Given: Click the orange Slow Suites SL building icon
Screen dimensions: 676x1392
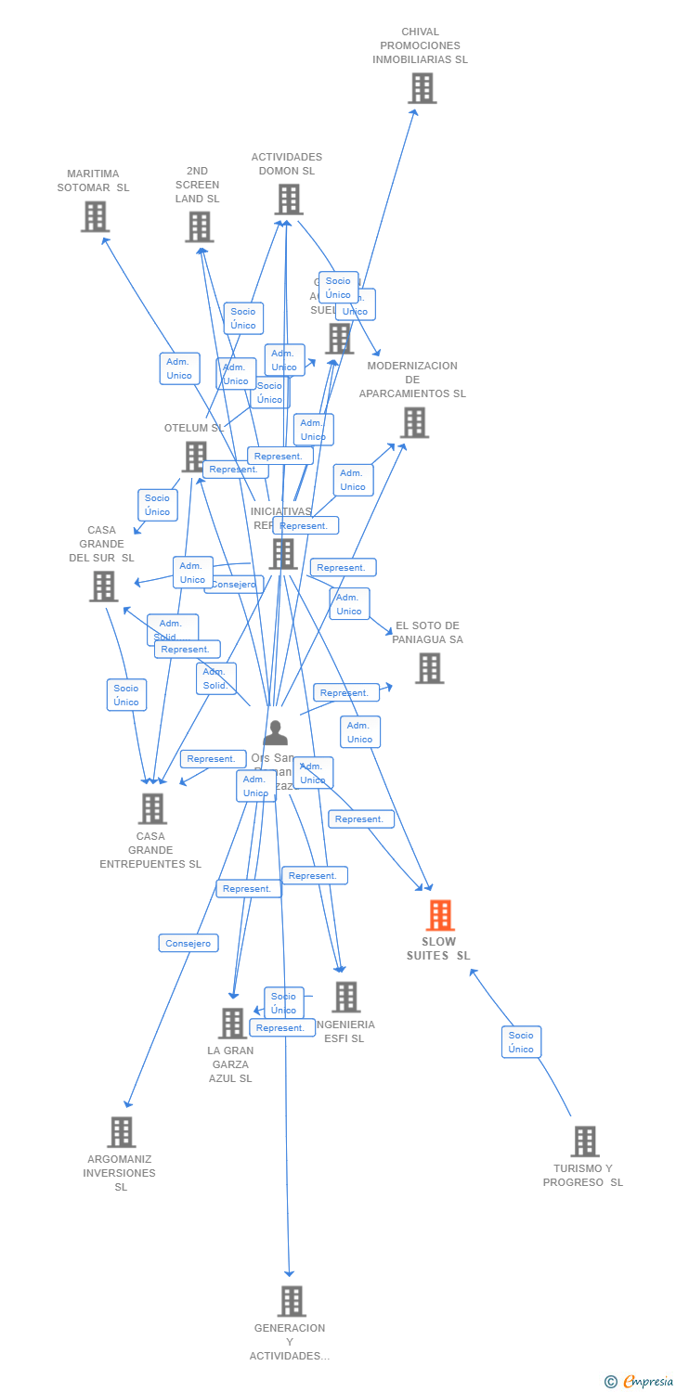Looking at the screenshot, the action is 440,915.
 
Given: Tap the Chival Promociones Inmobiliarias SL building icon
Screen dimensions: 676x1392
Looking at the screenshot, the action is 422,88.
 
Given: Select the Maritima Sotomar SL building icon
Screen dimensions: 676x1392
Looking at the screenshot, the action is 95,216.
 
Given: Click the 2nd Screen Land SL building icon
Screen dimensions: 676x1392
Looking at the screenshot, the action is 199,226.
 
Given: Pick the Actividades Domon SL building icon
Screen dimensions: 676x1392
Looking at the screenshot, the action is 288,199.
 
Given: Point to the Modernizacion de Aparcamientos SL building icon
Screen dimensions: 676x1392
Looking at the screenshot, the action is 414,422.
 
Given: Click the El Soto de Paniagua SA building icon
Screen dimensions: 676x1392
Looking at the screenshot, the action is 429,668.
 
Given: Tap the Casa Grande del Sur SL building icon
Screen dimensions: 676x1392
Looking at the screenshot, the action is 103,586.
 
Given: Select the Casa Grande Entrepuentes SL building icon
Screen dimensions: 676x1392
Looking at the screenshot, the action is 152,808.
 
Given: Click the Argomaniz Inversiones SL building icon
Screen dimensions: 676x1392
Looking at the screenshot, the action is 121,1132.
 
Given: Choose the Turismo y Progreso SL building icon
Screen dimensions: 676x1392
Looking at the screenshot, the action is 584,1141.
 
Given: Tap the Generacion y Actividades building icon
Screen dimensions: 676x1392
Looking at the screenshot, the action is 291,1301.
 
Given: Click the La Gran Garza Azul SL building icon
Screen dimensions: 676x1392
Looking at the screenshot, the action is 231,1023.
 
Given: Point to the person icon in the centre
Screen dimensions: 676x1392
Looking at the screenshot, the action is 275,733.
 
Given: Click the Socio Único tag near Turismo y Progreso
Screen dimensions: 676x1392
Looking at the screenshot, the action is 521,1042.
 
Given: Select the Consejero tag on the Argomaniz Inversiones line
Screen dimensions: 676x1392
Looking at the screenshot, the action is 188,943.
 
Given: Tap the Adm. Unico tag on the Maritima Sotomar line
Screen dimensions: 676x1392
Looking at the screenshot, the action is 179,368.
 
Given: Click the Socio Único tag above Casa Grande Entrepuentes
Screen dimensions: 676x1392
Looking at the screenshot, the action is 126,695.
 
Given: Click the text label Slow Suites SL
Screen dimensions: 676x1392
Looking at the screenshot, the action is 438,948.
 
